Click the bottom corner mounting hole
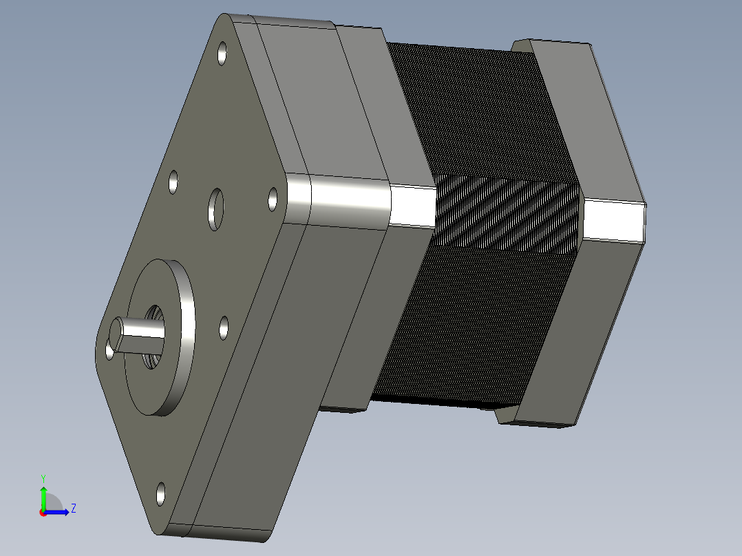click(160, 493)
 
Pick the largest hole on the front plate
click(216, 208)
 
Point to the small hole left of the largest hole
click(173, 183)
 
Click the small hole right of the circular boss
click(224, 328)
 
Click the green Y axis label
click(43, 478)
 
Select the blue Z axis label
click(73, 509)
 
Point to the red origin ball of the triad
click(43, 513)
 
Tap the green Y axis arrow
click(43, 497)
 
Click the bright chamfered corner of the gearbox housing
click(337, 200)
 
